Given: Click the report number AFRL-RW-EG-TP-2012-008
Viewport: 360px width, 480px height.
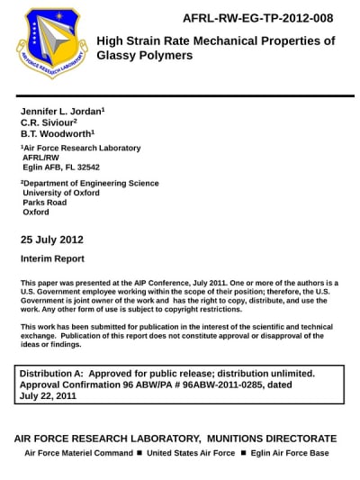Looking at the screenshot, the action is tap(257, 18).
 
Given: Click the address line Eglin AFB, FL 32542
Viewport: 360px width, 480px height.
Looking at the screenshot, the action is tap(61, 168).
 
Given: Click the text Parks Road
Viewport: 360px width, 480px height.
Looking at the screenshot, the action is tap(45, 203).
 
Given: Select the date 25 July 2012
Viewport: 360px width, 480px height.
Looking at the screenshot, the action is tap(51, 240).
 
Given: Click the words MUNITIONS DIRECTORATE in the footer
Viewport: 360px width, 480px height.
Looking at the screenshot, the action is tap(269, 438).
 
